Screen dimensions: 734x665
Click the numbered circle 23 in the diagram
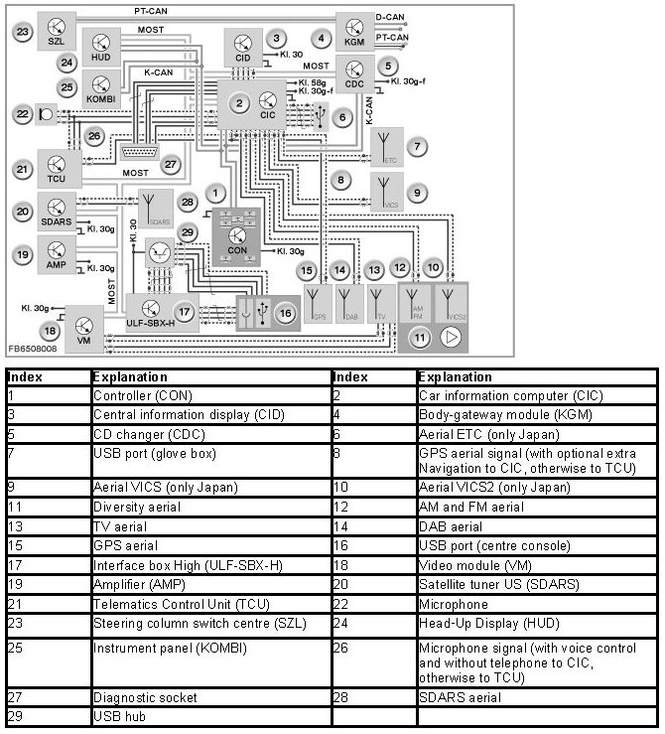[23, 32]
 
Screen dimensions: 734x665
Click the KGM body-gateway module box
[355, 31]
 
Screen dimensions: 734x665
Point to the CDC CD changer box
[355, 73]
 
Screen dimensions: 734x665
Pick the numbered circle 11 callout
[420, 338]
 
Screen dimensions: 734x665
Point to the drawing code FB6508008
[32, 350]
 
